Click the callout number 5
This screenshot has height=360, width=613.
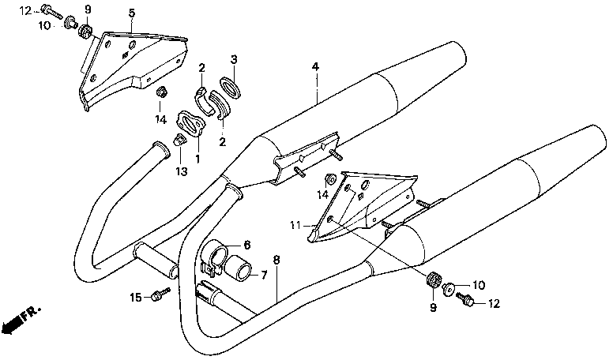[132, 13]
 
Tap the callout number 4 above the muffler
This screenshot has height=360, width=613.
[315, 68]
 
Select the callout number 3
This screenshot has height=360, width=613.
[234, 60]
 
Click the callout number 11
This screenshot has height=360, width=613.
[295, 226]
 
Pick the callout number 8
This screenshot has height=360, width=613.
[276, 260]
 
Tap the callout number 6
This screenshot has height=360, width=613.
[246, 245]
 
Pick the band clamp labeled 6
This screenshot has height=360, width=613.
[215, 257]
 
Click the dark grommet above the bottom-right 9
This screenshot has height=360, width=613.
[432, 280]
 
